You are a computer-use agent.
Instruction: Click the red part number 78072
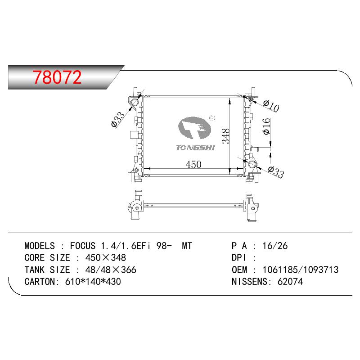click(57, 77)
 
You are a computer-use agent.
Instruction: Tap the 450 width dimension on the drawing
click(193, 164)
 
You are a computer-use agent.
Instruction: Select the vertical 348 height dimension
click(226, 136)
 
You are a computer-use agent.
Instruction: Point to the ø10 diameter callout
click(271, 106)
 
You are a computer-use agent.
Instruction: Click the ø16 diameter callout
click(266, 126)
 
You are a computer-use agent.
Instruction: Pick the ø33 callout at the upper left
click(118, 119)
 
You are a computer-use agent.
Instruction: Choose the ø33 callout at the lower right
click(276, 172)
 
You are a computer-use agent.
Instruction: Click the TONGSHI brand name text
click(195, 148)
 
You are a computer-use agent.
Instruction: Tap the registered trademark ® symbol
click(212, 118)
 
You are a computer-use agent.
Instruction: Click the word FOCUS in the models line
click(83, 246)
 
